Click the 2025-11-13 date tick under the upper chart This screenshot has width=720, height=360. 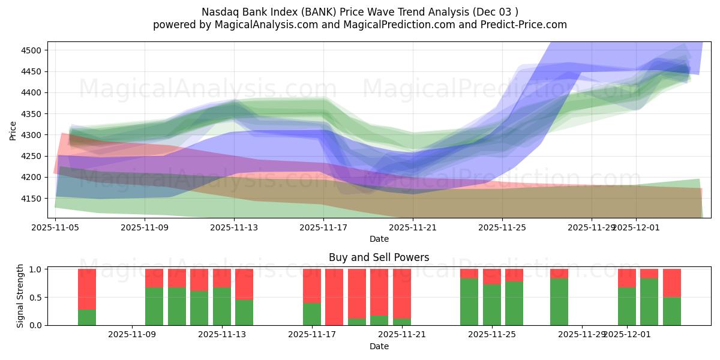point(234,227)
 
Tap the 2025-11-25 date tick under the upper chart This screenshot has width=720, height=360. point(502,227)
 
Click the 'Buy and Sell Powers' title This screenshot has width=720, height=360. point(379,257)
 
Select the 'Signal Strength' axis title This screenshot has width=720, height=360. point(20,296)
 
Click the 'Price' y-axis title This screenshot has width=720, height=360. point(13,130)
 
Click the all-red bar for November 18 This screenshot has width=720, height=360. point(334,297)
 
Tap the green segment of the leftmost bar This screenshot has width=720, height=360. point(87,317)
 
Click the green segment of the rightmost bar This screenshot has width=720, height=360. point(672,311)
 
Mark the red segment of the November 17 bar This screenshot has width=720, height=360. point(312,286)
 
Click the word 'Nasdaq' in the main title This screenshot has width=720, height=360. point(218,11)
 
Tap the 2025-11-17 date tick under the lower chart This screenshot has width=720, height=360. point(312,334)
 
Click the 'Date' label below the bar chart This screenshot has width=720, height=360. point(379,346)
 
